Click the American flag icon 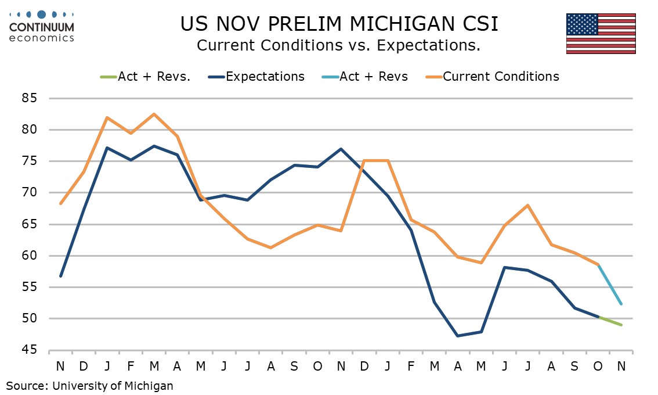pos(601,33)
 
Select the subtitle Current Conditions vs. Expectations pos(338,45)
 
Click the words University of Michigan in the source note pos(113,385)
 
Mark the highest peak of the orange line pos(154,114)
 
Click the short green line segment pos(609,321)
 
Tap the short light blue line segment pos(609,284)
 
